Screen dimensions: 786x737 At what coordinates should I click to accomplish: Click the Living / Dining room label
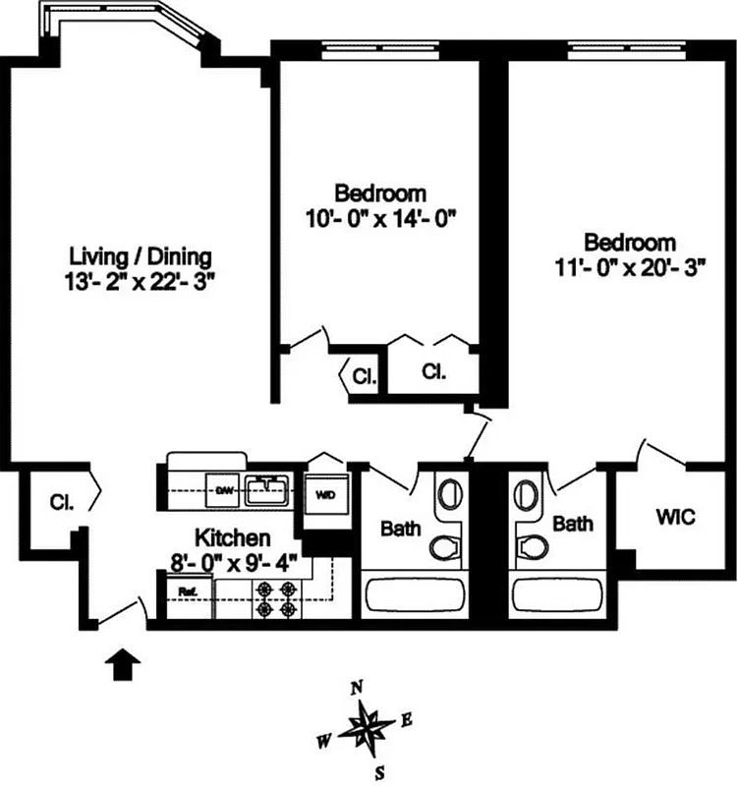(140, 257)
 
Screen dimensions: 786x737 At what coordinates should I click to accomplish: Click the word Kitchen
(232, 537)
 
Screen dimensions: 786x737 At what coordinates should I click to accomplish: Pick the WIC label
(674, 516)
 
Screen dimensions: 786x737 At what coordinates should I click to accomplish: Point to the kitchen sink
(264, 488)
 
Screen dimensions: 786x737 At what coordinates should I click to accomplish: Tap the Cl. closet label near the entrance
(59, 502)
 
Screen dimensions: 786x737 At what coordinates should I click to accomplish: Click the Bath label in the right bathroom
(573, 525)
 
